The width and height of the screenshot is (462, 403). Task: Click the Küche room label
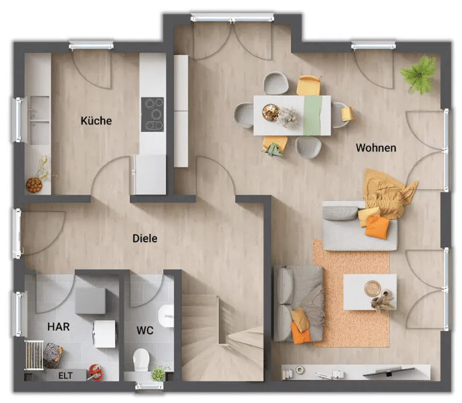(x=96, y=121)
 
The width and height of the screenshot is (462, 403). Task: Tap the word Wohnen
(x=376, y=148)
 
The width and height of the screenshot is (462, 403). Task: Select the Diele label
(x=145, y=238)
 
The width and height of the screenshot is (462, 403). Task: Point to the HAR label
(x=59, y=327)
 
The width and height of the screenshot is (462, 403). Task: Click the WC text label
(x=145, y=330)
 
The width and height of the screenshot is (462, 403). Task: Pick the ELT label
(x=65, y=376)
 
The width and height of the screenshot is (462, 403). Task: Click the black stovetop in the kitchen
(x=152, y=115)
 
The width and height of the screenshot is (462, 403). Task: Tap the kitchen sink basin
(x=39, y=120)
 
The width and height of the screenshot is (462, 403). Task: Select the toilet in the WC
(x=141, y=361)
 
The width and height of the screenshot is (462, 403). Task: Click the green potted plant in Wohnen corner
(x=419, y=75)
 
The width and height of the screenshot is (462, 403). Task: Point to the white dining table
(x=292, y=115)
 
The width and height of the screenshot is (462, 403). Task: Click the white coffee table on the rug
(x=370, y=292)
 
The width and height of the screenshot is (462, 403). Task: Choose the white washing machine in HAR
(x=104, y=334)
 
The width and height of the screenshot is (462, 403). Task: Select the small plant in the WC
(x=158, y=373)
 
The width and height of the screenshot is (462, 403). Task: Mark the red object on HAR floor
(x=96, y=373)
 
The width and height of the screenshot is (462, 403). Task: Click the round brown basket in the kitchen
(x=34, y=185)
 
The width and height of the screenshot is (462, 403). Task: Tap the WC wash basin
(x=166, y=316)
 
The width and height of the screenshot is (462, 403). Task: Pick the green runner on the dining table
(x=312, y=115)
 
